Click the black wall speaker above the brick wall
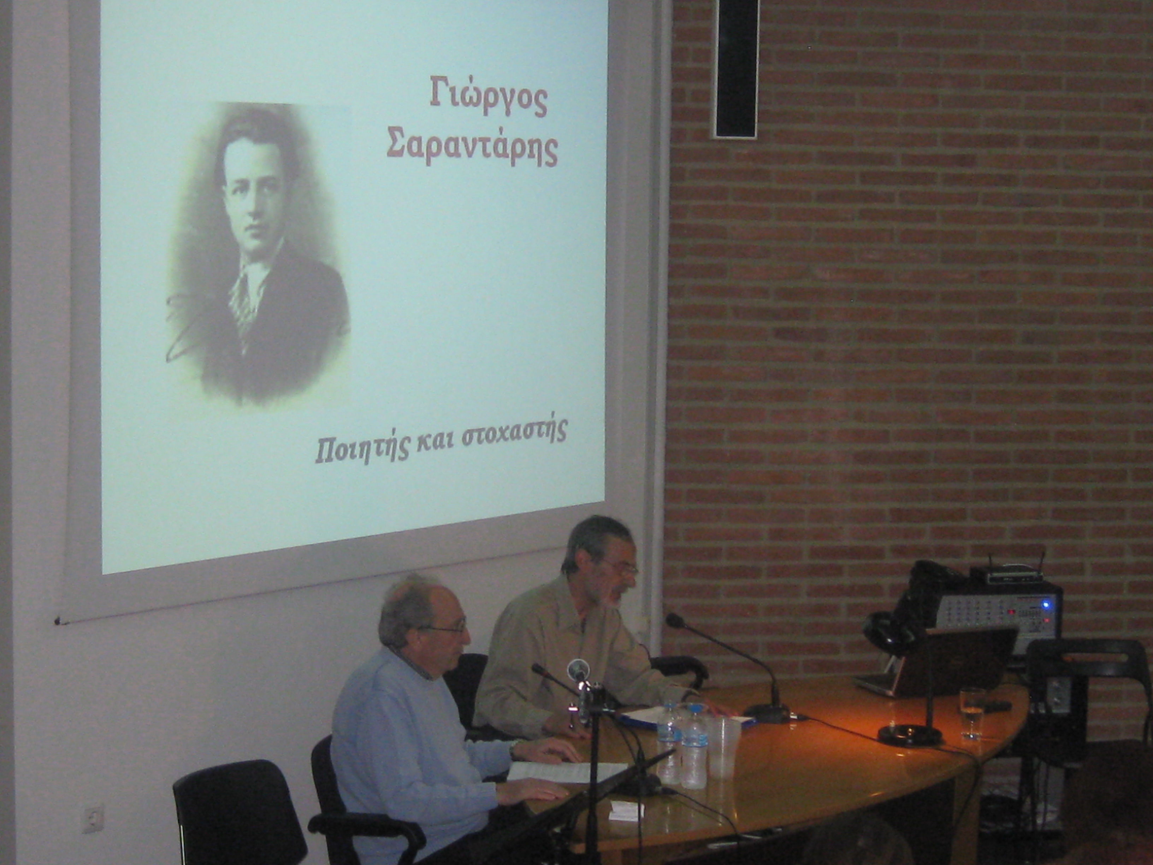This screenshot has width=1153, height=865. pos(735,69)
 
